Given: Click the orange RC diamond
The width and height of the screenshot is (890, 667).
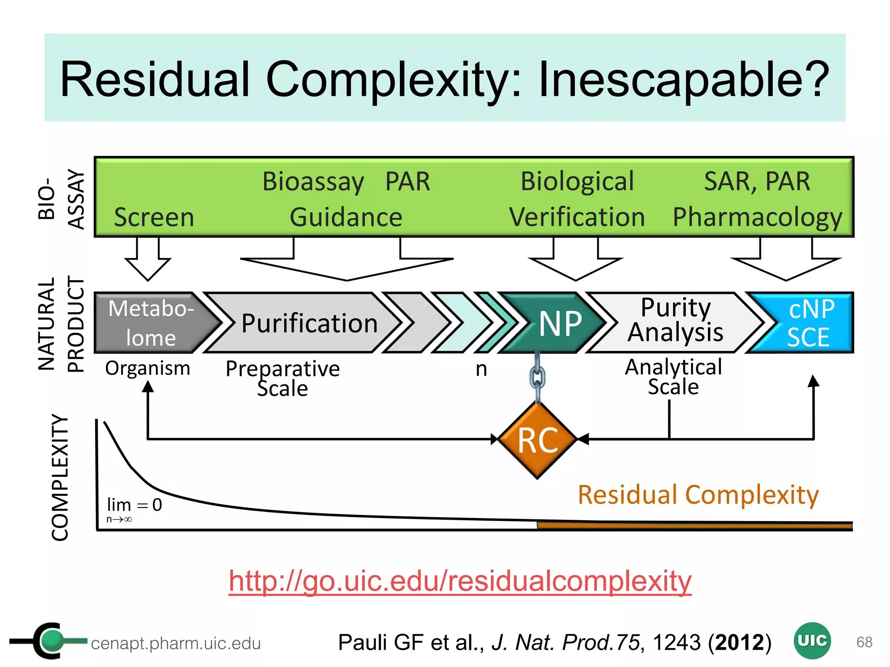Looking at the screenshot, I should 538,440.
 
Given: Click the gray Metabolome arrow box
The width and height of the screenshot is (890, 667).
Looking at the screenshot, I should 150,323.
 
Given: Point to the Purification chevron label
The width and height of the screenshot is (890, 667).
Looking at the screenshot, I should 309,324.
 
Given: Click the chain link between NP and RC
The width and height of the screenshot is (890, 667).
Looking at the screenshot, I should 537,377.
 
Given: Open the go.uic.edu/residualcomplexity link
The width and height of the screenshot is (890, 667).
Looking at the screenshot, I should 460,581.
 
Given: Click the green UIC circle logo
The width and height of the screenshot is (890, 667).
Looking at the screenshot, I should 812,641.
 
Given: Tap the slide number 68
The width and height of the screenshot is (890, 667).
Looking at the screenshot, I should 864,642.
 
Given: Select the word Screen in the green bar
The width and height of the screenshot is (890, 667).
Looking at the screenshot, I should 154,217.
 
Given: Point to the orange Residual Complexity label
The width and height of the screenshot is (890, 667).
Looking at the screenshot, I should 698,495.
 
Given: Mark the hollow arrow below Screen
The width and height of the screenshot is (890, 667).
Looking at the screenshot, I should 148,261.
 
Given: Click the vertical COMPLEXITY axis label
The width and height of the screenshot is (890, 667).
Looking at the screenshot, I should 60,478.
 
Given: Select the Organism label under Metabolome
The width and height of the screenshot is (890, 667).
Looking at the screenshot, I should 148,368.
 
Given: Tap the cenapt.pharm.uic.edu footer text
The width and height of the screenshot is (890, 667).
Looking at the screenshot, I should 176,643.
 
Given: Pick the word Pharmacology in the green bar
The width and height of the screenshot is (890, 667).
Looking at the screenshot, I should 757,217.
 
